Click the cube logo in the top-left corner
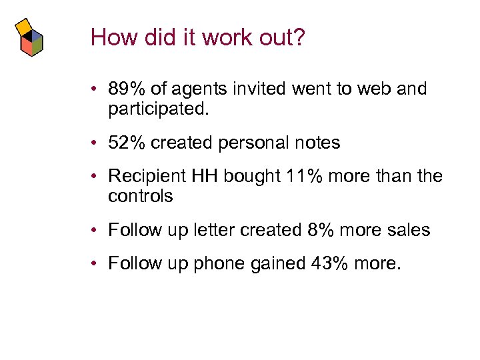point(29,38)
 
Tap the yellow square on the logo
point(25,26)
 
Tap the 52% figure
point(127,143)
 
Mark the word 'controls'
point(140,196)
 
